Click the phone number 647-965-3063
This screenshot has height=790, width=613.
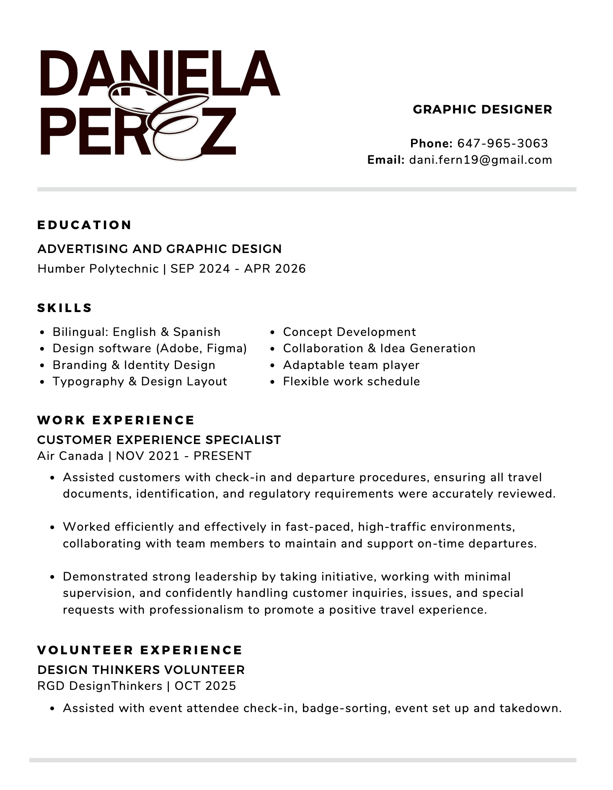(502, 143)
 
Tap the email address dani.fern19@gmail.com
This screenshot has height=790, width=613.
(481, 160)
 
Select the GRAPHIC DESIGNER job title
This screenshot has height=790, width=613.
(482, 109)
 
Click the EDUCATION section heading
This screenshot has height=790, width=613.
(85, 225)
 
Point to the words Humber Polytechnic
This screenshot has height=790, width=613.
(98, 268)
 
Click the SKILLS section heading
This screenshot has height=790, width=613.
(65, 308)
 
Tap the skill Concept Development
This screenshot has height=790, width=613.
(349, 332)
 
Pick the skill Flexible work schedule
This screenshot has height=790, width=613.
(351, 381)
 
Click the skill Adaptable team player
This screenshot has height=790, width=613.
(351, 365)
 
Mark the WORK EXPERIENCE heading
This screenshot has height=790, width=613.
(116, 420)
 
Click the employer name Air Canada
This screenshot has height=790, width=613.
(70, 456)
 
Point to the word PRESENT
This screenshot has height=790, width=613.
(222, 456)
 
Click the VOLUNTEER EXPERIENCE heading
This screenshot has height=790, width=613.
(140, 650)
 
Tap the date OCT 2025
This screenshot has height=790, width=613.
(205, 686)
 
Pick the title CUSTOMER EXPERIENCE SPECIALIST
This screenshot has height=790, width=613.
(159, 440)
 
